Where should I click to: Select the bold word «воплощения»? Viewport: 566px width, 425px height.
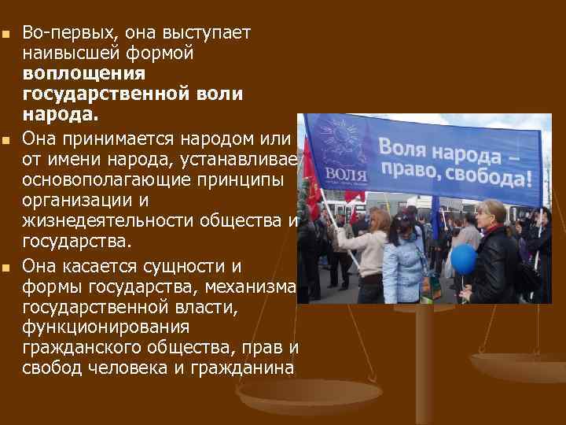pyautogui.click(x=84, y=74)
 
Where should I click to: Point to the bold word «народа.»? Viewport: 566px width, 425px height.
pyautogui.click(x=61, y=114)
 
